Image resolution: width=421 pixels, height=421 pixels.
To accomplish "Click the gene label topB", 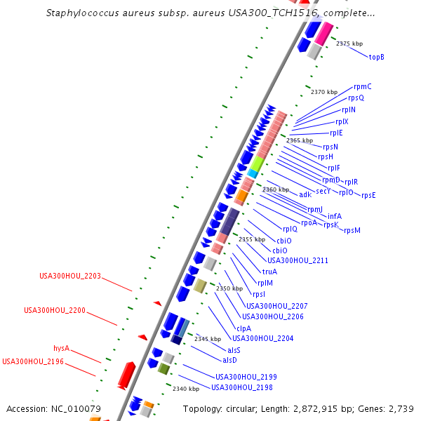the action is click(377, 57).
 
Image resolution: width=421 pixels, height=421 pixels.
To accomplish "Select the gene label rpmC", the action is click(363, 87).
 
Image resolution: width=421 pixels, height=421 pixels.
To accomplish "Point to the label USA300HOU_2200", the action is click(55, 310).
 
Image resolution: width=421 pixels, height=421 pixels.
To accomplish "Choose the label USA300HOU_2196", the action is click(33, 362).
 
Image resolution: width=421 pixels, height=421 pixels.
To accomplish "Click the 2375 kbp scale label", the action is click(349, 44).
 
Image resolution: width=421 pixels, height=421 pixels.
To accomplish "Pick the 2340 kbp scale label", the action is click(186, 389).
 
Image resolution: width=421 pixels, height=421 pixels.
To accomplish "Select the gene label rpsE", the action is click(368, 195).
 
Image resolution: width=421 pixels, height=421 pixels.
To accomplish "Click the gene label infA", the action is click(335, 216).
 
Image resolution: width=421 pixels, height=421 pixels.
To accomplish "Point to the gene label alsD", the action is click(229, 361).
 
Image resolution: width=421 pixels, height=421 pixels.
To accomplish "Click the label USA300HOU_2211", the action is click(279, 260).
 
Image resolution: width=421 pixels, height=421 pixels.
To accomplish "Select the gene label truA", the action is click(269, 272).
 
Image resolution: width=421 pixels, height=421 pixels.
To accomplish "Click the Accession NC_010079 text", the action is click(54, 408).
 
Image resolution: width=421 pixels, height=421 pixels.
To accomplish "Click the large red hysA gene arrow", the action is click(126, 375).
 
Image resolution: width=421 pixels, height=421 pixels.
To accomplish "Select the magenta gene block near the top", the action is click(323, 33).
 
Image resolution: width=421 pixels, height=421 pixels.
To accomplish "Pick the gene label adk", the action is click(305, 194).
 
